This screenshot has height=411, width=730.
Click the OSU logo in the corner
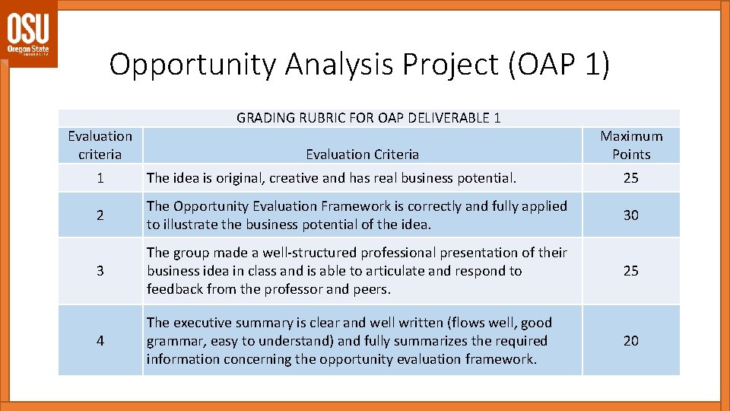coord(28,34)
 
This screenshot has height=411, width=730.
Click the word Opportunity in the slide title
coord(193,64)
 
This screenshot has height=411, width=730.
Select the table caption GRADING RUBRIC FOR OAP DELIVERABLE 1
coord(369,117)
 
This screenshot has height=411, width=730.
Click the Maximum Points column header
coord(631,145)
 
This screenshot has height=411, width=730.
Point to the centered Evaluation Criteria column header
coord(362,154)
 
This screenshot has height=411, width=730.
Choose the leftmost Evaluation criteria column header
coord(100,145)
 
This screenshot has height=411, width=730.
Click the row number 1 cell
coord(100,178)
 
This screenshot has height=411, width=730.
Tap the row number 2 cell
coord(100,215)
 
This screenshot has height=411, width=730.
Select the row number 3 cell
coord(100,270)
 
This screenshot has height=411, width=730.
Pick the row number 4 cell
coord(100,340)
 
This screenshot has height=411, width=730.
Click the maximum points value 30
coord(631,215)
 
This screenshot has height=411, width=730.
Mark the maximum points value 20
coord(631,340)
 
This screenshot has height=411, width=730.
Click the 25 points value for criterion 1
coord(631,178)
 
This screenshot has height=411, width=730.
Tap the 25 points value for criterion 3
coord(631,270)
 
